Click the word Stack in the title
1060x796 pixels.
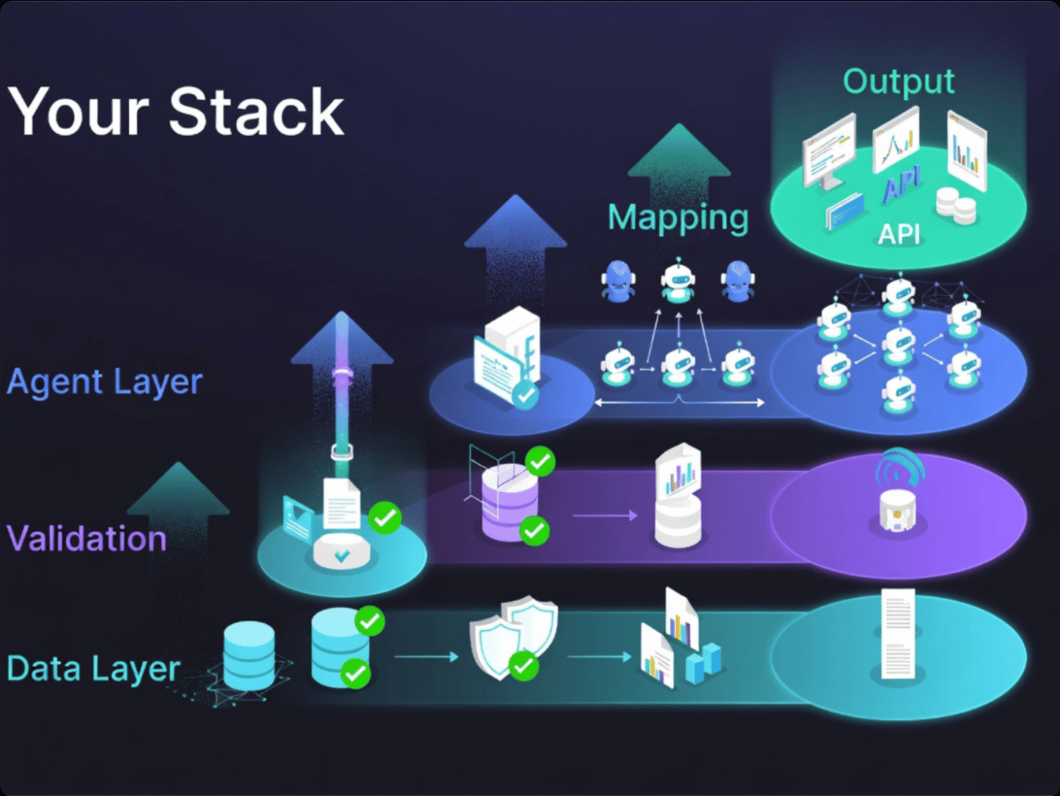point(256,111)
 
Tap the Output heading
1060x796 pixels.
point(899,81)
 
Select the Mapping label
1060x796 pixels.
point(678,217)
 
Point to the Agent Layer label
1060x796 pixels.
point(104,382)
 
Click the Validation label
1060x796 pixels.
point(87,539)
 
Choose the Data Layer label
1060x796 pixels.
point(93,669)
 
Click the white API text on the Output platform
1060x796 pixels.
point(899,234)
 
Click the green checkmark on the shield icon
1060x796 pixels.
point(522,665)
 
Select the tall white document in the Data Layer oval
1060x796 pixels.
point(899,634)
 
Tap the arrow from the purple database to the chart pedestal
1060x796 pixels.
point(604,516)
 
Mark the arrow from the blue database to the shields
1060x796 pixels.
point(426,657)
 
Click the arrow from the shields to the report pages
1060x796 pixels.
point(599,657)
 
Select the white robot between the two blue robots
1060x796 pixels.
point(678,281)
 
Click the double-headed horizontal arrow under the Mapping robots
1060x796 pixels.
point(680,403)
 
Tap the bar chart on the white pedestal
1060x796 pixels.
point(678,475)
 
